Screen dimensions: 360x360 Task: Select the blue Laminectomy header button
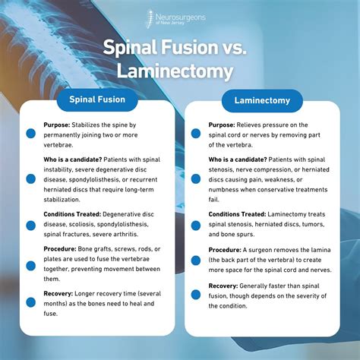pyautogui.click(x=262, y=100)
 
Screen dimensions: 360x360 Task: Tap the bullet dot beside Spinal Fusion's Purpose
pyautogui.click(x=31, y=132)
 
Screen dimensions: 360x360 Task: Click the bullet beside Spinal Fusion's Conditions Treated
pyautogui.click(x=31, y=225)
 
